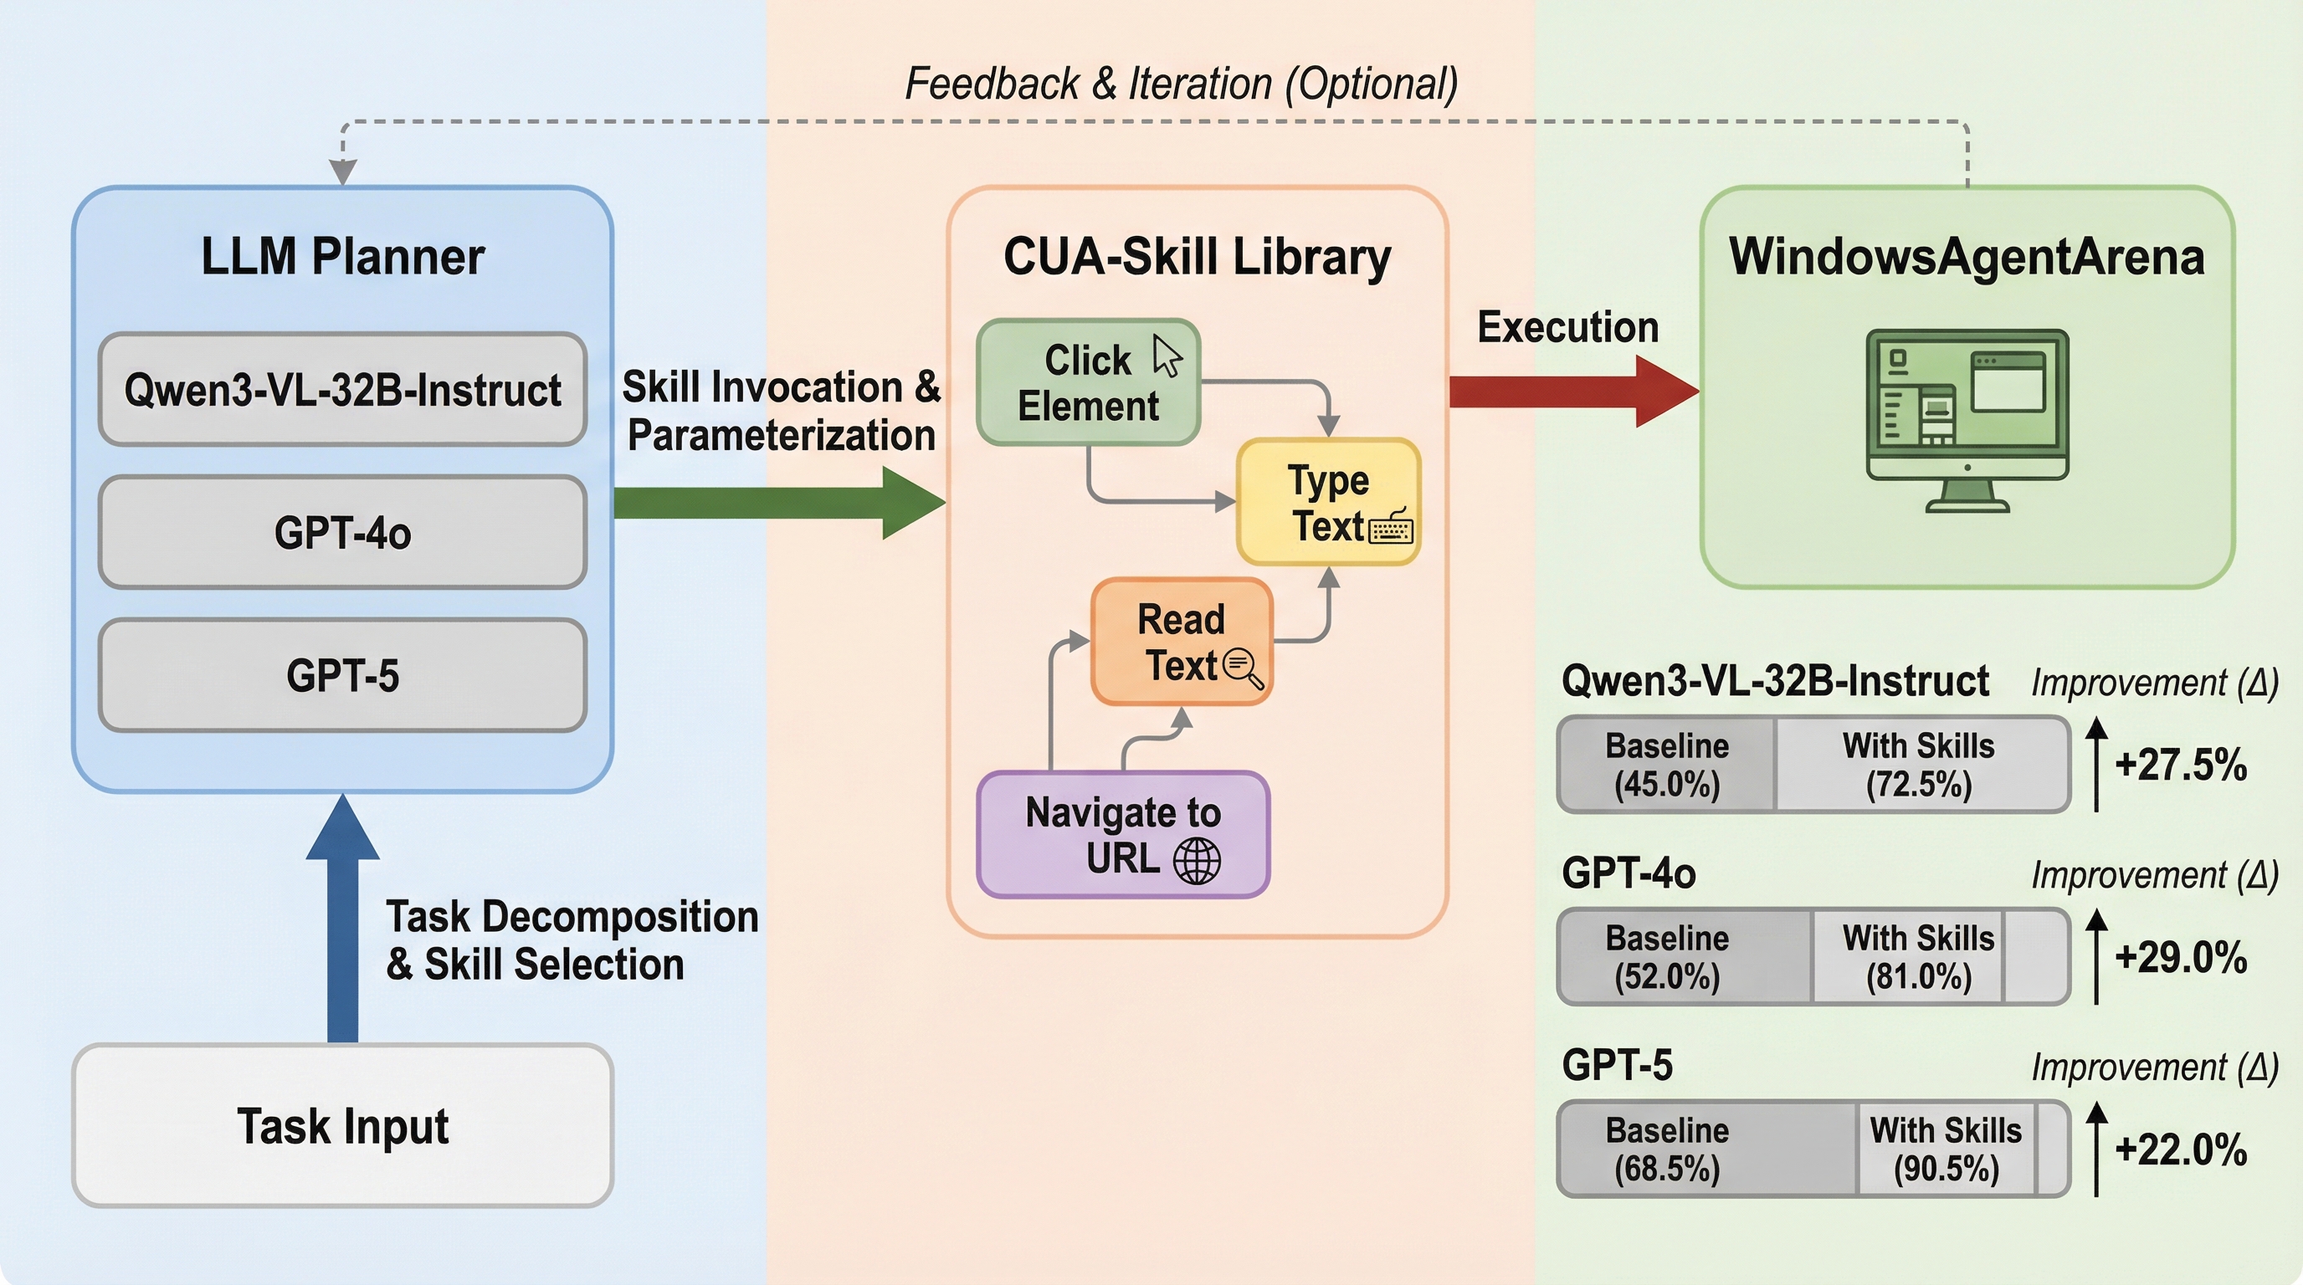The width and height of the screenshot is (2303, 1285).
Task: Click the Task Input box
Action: click(342, 1125)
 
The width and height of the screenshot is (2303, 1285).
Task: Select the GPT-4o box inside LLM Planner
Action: click(342, 533)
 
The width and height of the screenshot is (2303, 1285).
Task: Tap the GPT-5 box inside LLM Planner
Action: click(342, 676)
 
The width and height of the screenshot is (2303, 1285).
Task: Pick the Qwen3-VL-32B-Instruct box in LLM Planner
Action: click(342, 390)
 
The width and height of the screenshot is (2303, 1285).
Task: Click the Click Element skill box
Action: click(1088, 382)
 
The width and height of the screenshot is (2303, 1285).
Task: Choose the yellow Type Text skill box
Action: click(1329, 501)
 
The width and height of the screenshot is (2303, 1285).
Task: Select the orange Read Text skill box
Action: click(1181, 642)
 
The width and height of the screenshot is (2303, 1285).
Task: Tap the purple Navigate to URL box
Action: click(1123, 835)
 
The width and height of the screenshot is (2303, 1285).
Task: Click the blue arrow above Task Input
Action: click(342, 920)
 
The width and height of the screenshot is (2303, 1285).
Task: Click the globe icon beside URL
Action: click(1196, 861)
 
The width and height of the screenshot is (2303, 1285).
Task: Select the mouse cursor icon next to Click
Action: click(1167, 356)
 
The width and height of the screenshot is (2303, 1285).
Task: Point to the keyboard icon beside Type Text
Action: click(1391, 527)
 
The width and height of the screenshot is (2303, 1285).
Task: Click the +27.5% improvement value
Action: click(2181, 765)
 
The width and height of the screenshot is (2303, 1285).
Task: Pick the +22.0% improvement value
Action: click(2181, 1150)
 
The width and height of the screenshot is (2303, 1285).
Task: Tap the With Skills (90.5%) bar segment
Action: click(1946, 1149)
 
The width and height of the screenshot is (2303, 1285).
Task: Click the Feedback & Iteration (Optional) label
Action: click(1181, 84)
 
